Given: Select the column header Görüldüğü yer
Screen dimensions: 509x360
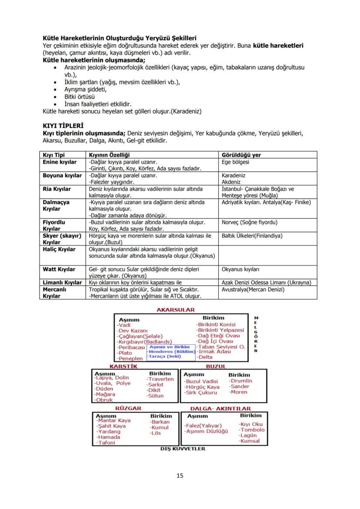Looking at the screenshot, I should point(241,155).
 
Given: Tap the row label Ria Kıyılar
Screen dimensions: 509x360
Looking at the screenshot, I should point(57,189).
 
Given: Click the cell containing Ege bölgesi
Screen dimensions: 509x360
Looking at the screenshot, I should point(235,162).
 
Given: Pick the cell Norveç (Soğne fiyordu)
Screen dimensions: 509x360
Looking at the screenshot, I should point(249,222).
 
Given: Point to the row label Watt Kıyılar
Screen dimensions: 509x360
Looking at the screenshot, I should point(59,269).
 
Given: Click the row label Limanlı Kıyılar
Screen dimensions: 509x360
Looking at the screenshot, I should point(62,283).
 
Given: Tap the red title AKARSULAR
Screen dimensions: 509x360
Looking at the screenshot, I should point(176,310).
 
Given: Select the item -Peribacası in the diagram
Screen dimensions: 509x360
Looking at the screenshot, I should point(130,347).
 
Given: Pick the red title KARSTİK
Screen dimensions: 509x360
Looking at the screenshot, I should point(123,366).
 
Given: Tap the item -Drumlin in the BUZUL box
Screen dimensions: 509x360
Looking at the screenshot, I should point(240,381).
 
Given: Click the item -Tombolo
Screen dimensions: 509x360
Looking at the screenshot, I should point(251,430).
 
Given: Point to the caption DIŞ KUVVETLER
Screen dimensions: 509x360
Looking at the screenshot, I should point(183,449).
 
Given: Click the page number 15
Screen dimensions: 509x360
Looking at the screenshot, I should point(180,476).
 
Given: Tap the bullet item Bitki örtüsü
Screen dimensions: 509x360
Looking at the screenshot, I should point(79,97).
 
